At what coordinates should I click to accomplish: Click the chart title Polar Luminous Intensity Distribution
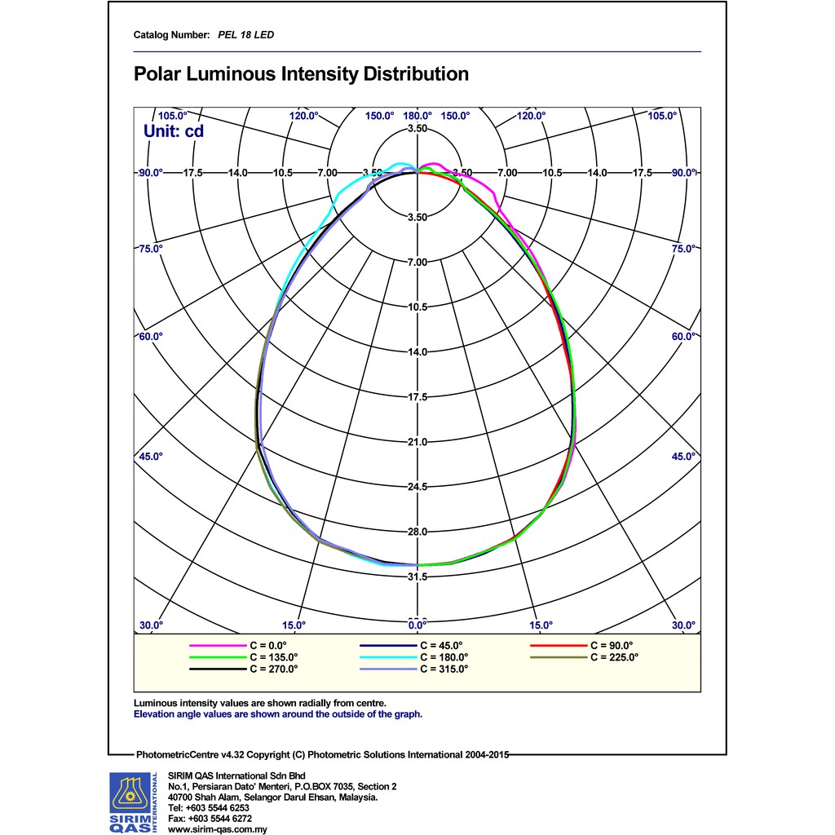click(x=301, y=75)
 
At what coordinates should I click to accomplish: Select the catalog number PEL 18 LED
click(x=245, y=35)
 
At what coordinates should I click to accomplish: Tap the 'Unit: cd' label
click(x=174, y=130)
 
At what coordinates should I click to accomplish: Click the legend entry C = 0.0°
click(x=270, y=645)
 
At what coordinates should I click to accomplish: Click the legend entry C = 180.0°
click(x=444, y=656)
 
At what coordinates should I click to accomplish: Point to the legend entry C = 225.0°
click(x=615, y=656)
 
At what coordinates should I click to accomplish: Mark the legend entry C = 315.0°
click(x=444, y=669)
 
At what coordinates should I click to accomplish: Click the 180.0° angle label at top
click(x=417, y=116)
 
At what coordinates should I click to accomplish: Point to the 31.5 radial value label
click(x=417, y=577)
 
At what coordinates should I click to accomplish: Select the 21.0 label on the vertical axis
click(x=417, y=442)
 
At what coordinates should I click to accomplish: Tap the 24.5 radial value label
click(x=417, y=487)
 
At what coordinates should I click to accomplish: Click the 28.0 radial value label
click(x=417, y=532)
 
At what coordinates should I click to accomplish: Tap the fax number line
click(x=210, y=818)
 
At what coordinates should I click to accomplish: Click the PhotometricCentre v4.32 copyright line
click(x=322, y=755)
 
